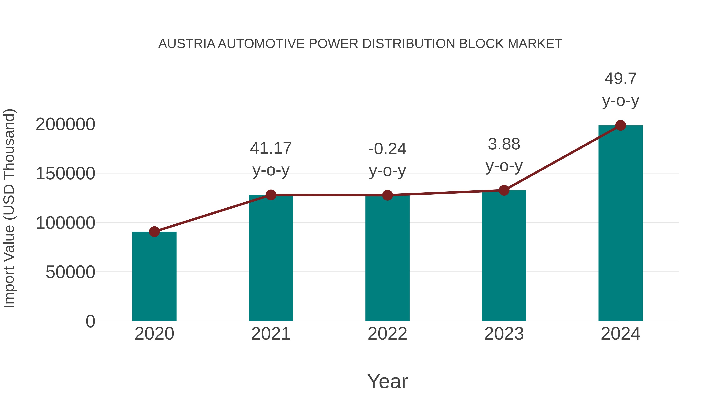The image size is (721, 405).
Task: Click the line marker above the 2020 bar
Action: coord(154,232)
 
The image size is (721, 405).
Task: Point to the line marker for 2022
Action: coord(387,195)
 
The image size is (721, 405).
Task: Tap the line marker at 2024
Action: coord(620,125)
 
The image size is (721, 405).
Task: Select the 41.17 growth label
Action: coord(271,148)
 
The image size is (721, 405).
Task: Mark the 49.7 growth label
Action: coord(620,79)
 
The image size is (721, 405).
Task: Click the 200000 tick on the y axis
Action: coord(65,124)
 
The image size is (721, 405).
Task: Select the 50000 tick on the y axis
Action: coord(70,272)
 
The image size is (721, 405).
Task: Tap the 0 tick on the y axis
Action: coord(90,321)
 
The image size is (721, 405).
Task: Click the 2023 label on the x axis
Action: coord(504,334)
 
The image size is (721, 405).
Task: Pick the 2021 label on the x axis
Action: coord(271,334)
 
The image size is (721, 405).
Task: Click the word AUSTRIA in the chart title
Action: coord(187,44)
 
